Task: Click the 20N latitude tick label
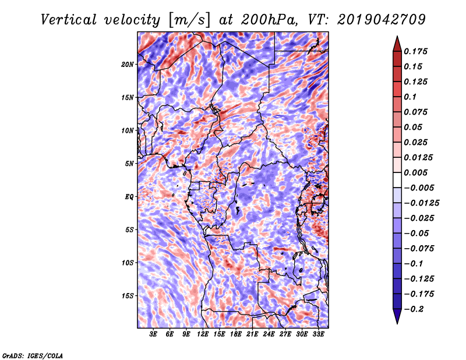pos(128,65)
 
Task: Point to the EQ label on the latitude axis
pos(129,197)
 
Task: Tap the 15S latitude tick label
pos(128,296)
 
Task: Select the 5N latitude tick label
pos(129,164)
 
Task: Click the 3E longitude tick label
pos(153,334)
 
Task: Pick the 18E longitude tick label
pos(236,334)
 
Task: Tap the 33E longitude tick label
pos(318,334)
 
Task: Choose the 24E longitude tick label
pos(269,334)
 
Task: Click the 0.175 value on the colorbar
pos(415,51)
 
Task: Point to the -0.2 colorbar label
pos(414,309)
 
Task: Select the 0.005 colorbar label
pos(415,172)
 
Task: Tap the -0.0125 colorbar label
pos(421,203)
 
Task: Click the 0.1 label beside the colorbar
pos(410,97)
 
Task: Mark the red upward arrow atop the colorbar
pos(397,44)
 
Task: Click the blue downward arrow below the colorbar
pos(397,316)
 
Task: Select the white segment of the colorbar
pos(397,180)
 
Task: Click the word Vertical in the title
pos(69,20)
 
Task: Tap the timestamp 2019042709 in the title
pos(382,20)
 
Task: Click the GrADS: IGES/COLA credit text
pos(33,356)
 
